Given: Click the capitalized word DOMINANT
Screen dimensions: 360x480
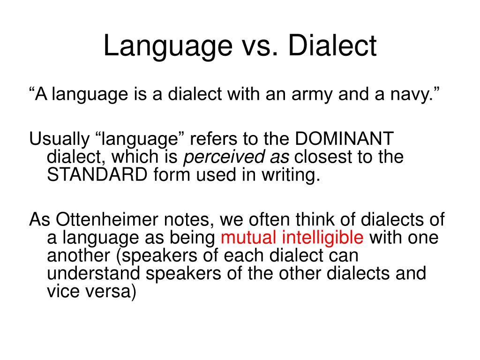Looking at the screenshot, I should point(345,139).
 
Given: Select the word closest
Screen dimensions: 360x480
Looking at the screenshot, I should point(324,157).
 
